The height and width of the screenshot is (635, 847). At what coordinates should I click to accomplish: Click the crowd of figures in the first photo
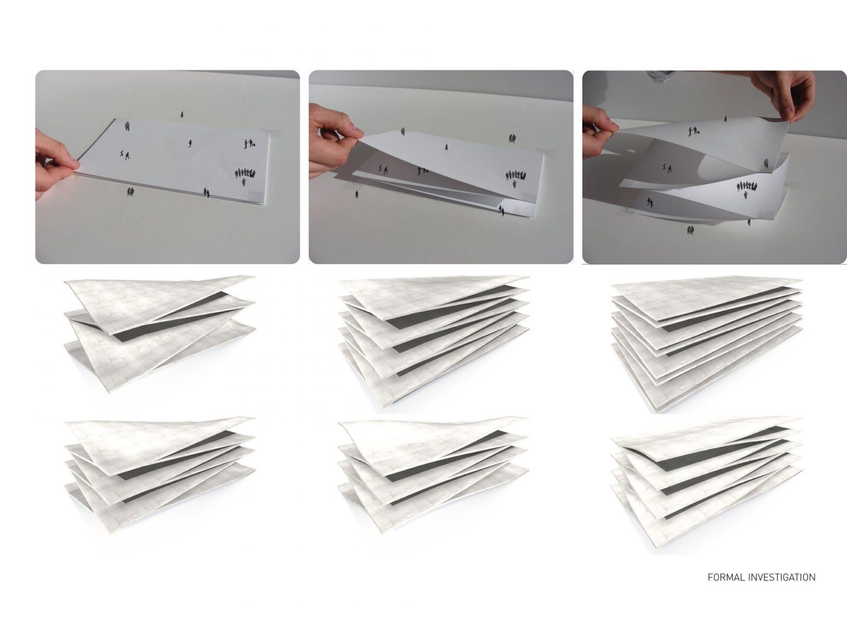245,175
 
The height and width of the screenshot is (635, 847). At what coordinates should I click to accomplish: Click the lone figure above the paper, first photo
182,115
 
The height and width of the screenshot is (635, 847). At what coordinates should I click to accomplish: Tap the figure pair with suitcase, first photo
249,144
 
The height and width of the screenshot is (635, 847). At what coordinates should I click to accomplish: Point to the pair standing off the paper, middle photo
512,138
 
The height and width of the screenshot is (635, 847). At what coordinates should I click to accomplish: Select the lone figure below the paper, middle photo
357,194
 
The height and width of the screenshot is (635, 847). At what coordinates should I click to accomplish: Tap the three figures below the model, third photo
691,230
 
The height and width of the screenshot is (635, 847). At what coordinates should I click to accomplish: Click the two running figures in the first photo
125,154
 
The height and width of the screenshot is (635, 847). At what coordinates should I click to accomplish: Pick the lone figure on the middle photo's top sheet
447,147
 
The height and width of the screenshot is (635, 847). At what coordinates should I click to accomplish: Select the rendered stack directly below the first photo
160,334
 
